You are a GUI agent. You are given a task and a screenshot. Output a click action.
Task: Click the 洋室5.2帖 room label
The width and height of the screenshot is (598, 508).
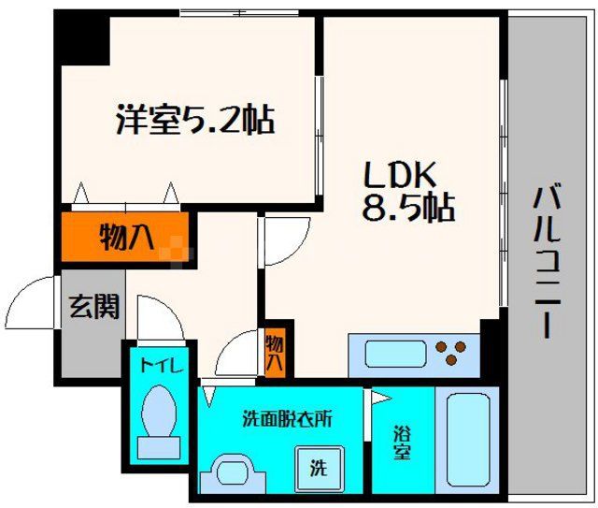(x=195, y=121)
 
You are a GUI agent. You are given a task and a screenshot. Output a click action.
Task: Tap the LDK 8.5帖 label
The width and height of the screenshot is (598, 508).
(x=407, y=192)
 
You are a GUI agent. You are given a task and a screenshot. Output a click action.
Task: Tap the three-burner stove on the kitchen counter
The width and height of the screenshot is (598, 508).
(x=449, y=354)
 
